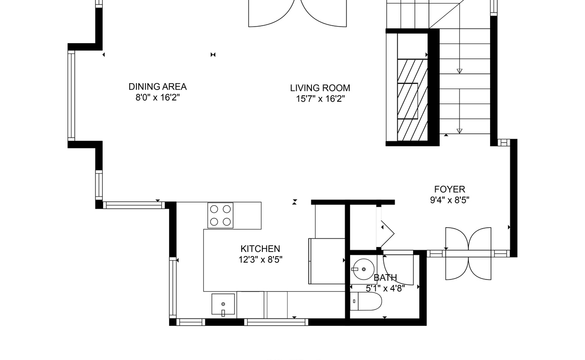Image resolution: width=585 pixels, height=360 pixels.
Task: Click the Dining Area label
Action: coord(157,86)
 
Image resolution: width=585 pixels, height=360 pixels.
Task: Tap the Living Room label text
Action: coord(320,88)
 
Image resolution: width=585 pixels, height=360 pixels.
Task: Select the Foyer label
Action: coord(450,189)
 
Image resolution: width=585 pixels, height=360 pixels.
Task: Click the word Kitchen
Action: coord(260,248)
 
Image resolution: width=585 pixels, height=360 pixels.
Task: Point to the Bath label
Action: coord(385,278)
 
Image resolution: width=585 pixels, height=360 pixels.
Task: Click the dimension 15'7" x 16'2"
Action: coord(320,99)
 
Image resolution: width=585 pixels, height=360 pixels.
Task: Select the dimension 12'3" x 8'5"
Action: coord(261,260)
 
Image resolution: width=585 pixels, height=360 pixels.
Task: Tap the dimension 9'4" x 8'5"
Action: coord(450,200)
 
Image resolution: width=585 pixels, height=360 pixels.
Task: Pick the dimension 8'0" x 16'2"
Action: coord(157,98)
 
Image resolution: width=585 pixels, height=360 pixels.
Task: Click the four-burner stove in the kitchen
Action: coord(220,215)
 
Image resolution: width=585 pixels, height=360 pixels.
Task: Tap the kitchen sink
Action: coord(223,304)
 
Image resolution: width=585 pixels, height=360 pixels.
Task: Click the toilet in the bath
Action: coord(366,301)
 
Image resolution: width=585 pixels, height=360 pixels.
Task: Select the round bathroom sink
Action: coord(363,269)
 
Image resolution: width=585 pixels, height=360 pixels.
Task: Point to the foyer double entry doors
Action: coord(468,253)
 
